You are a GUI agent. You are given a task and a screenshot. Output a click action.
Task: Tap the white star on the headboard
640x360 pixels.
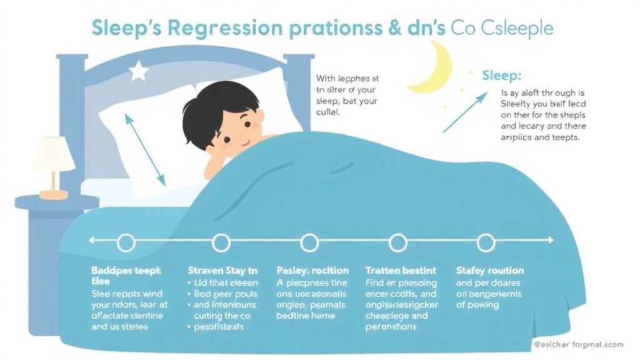(x=138, y=72)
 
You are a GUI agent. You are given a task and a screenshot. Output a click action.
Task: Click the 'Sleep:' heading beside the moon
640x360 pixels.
(x=502, y=76)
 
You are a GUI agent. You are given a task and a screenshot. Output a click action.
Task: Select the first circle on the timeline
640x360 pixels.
(x=126, y=241)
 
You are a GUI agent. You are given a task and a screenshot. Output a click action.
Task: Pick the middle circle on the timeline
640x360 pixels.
(x=310, y=241)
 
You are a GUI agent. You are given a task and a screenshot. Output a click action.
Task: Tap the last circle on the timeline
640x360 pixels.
(x=486, y=241)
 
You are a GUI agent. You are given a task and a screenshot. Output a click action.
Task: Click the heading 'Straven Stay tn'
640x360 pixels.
(x=222, y=271)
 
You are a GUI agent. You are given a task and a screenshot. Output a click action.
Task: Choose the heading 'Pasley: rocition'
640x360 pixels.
(x=312, y=271)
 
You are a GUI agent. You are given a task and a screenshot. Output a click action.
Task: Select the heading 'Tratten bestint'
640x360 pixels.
(x=401, y=271)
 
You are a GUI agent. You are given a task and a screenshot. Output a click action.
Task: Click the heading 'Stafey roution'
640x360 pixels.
(x=490, y=271)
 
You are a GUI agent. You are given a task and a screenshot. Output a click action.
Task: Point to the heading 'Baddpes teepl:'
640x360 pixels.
(x=127, y=271)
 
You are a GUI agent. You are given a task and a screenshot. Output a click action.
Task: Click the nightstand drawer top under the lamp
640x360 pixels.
(x=56, y=201)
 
